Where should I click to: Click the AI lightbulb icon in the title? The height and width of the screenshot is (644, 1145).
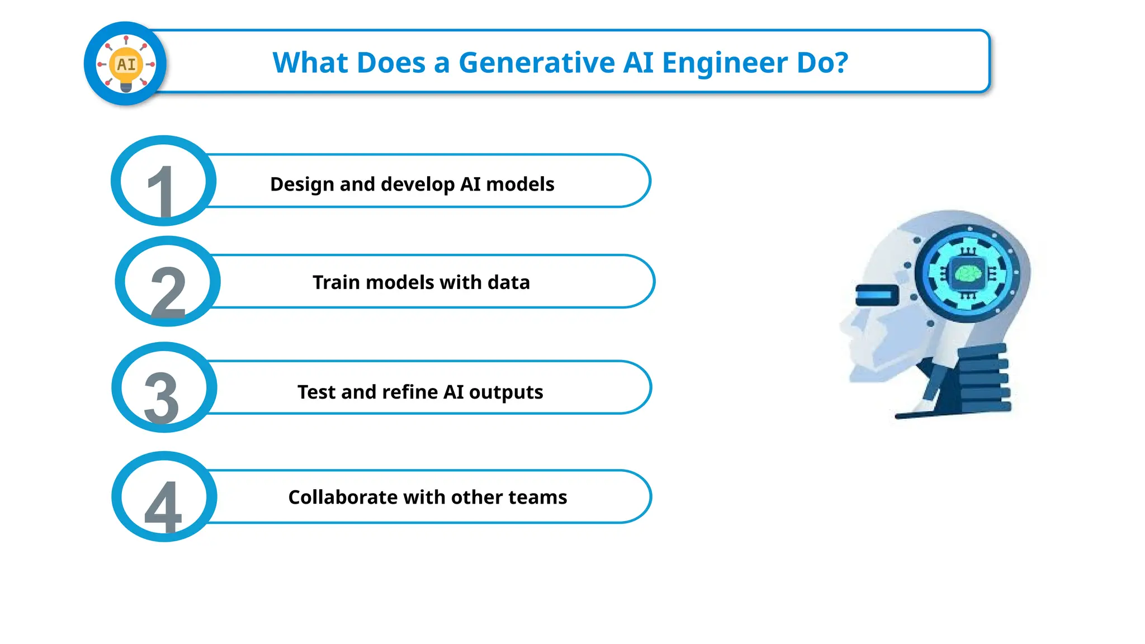(126, 64)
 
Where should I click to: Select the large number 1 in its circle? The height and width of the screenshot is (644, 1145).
(162, 190)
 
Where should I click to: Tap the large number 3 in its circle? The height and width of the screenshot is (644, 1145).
(162, 397)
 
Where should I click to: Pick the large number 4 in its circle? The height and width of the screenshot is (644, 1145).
(163, 506)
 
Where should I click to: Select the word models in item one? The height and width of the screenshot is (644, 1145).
(520, 184)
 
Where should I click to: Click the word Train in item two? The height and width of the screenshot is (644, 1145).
(336, 282)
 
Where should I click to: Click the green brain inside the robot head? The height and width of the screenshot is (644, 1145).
(968, 273)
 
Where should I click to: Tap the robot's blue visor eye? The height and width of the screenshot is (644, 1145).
(876, 295)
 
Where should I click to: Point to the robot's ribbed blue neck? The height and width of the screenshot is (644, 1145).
(985, 377)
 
